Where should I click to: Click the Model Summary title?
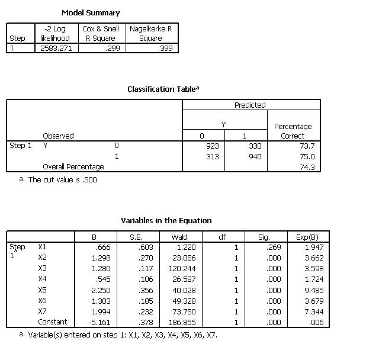(90, 12)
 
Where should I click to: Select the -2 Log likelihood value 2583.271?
(56, 48)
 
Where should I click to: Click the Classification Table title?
(163, 89)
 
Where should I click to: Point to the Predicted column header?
(250, 105)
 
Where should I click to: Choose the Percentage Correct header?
(293, 131)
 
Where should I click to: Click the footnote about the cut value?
(62, 180)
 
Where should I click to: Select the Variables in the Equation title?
(166, 221)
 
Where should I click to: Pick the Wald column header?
(179, 237)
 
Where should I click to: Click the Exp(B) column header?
(307, 237)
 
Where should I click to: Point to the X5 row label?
(42, 290)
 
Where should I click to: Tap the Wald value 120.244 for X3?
(183, 268)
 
